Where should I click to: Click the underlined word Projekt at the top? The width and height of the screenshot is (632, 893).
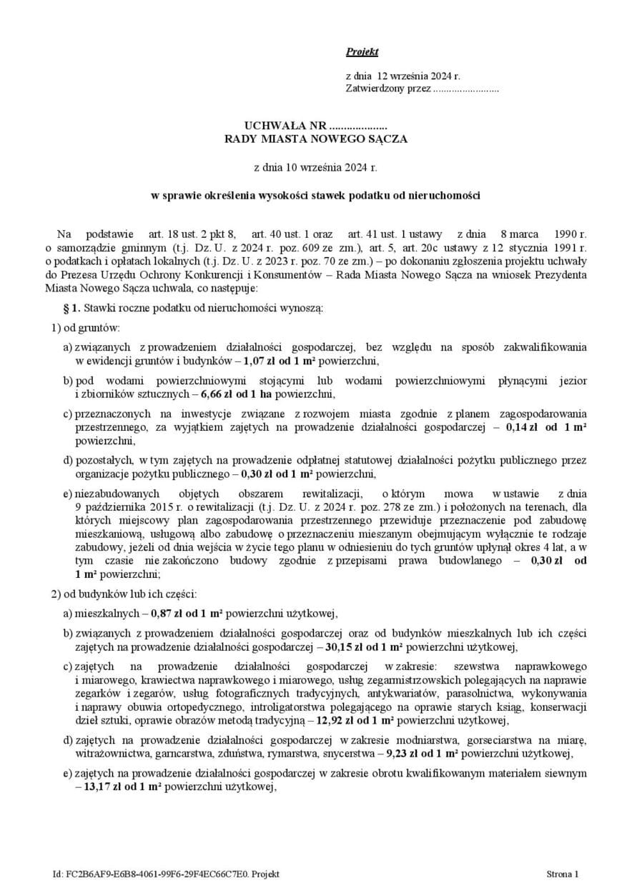point(362,51)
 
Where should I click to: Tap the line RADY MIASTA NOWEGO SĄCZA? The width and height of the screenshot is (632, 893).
point(315,139)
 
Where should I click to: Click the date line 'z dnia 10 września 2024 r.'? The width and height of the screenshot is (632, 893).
point(315,169)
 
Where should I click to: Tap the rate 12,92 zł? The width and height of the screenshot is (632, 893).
point(330,719)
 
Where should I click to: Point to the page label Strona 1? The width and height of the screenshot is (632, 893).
point(563,874)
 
